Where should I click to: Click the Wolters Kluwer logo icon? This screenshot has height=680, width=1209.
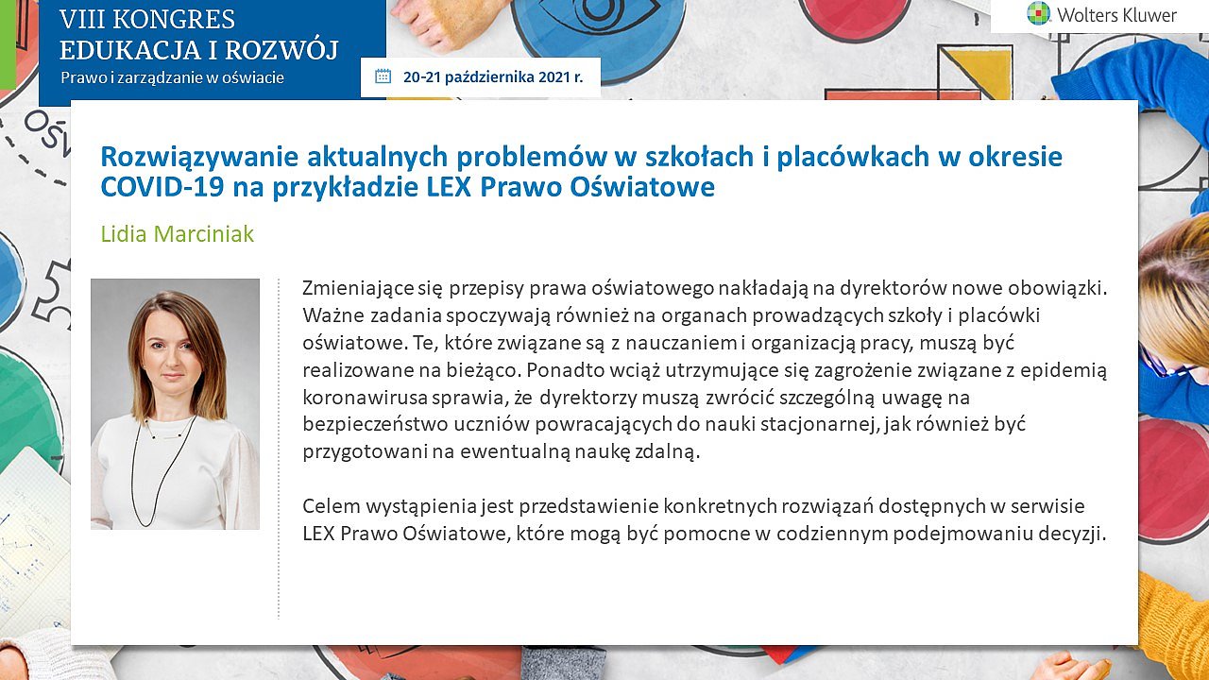coord(1038,14)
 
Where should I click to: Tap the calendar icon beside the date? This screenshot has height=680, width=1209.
coord(383,76)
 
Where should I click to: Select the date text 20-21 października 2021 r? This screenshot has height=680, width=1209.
coord(493,77)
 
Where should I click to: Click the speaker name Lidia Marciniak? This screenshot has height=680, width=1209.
coord(177,234)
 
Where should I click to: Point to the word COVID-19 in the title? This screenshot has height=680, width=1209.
coord(162,187)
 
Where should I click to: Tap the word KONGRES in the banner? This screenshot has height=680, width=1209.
coord(175,20)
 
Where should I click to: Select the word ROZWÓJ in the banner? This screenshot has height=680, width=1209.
coord(281,49)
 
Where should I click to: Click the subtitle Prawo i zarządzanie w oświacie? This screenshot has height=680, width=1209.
coord(172,77)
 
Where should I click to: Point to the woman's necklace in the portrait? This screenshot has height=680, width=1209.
coord(162,469)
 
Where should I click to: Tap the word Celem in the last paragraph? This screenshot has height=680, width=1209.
coord(331,506)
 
